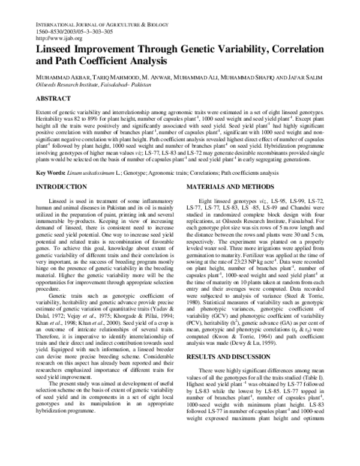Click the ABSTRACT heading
click(x=53, y=98)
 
